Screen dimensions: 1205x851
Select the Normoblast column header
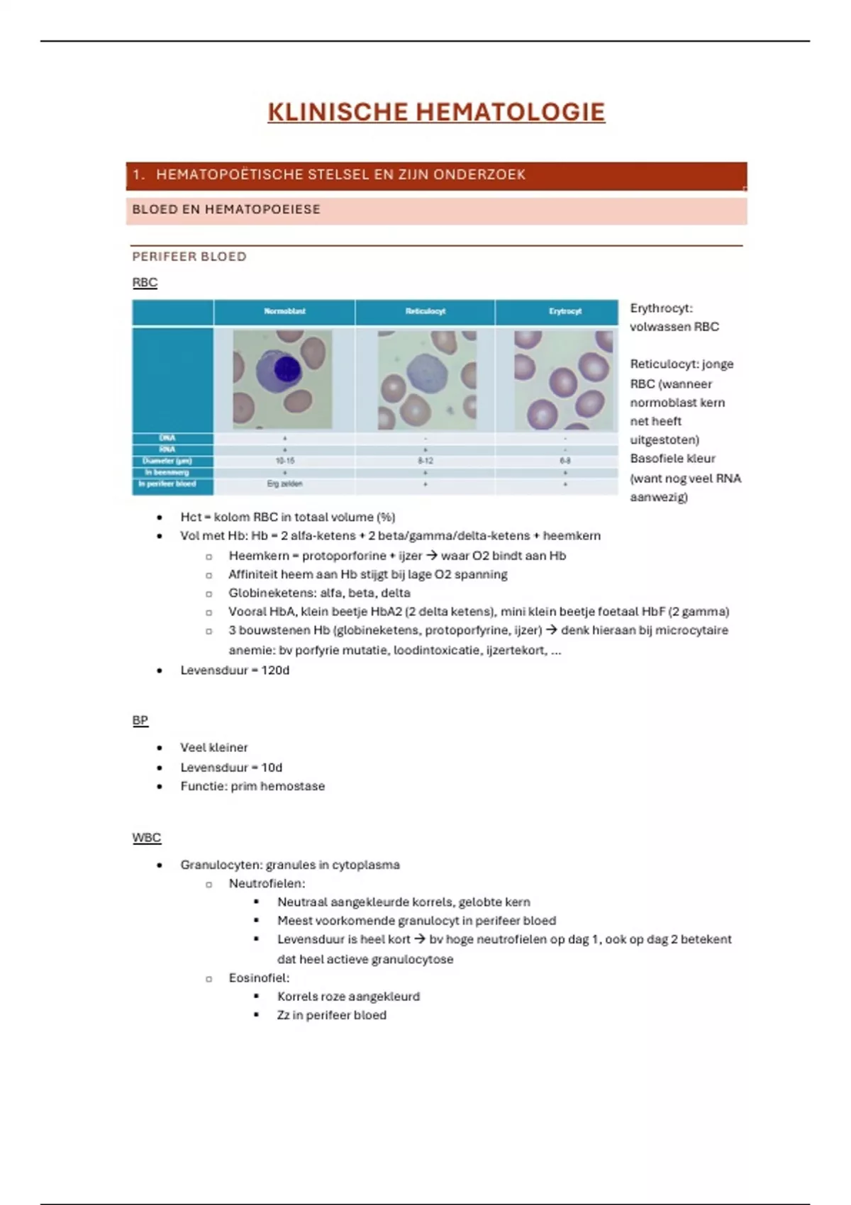[x=284, y=311]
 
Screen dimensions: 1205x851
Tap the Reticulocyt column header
[x=425, y=311]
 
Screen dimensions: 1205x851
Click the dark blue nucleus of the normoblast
[x=287, y=369]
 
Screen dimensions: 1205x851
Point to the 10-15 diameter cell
[x=285, y=461]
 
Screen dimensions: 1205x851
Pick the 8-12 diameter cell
[x=425, y=461]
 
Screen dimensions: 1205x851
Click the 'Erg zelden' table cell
[x=285, y=484]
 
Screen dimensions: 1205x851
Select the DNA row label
[x=167, y=438]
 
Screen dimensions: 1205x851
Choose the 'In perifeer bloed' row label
[x=167, y=484]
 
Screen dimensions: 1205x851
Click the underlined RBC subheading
[x=145, y=282]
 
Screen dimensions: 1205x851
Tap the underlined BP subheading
[x=140, y=720]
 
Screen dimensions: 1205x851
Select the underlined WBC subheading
[x=146, y=838]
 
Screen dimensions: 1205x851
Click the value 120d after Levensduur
[x=275, y=670]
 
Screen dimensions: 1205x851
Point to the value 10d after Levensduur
[x=272, y=767]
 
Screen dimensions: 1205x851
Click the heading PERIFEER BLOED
[x=189, y=257]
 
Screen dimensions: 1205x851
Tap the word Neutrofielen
[x=267, y=883]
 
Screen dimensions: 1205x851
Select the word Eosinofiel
[x=259, y=977]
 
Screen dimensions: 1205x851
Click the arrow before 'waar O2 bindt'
[x=431, y=556]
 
